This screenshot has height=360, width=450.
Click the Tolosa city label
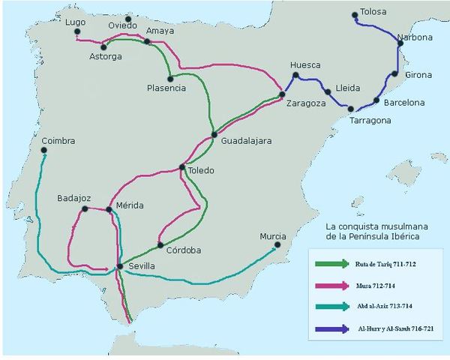[x=374, y=12]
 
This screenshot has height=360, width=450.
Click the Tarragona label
[x=370, y=120]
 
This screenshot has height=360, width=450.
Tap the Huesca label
[x=304, y=65]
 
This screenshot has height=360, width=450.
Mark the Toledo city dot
[x=182, y=167]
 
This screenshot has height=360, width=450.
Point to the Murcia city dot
[x=277, y=245]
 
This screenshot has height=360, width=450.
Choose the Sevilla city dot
[x=119, y=266]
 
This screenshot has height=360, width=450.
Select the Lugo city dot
[x=77, y=32]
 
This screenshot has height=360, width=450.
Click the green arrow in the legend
[x=332, y=263]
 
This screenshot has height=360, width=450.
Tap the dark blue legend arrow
[x=332, y=328]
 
